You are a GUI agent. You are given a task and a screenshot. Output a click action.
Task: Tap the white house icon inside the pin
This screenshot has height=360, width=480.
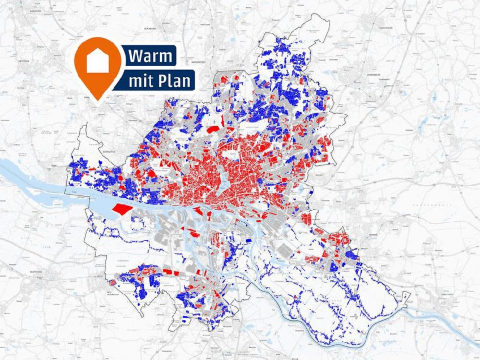point(98,61)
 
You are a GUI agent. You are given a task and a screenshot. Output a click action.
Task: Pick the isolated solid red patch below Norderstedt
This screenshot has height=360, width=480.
point(212,129)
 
